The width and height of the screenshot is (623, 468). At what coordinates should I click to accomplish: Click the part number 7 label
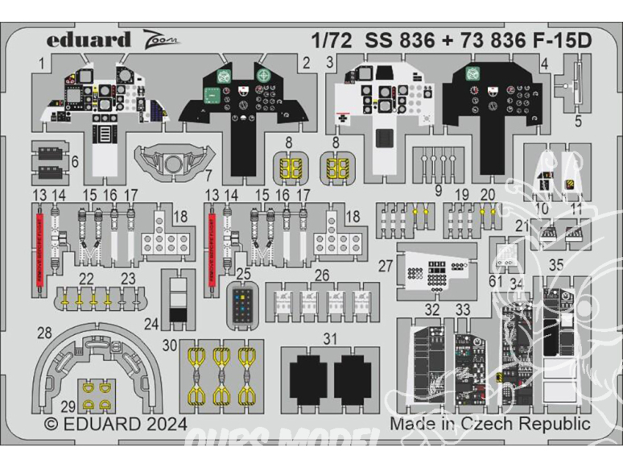(207, 174)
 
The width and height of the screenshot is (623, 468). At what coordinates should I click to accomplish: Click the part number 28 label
(44, 332)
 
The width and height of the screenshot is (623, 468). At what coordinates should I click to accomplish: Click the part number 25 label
(243, 274)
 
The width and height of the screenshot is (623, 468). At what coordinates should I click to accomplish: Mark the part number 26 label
(322, 274)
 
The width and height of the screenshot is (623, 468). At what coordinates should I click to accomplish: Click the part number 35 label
(556, 263)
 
